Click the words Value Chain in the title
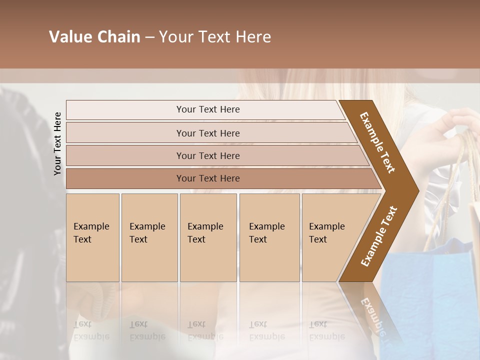tap(94, 37)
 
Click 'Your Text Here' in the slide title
tap(215, 37)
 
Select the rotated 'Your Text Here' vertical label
tap(57, 143)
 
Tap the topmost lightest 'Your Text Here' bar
tap(208, 109)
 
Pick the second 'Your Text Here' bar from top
tap(208, 133)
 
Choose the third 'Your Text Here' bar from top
tap(208, 155)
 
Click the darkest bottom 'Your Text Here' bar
tap(208, 178)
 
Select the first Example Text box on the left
tap(92, 237)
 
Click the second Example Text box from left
tap(149, 237)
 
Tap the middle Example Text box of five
tap(208, 237)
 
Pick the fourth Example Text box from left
tap(269, 237)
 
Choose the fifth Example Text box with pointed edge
tap(330, 237)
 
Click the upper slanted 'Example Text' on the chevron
tap(377, 142)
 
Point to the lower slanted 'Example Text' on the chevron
tap(379, 236)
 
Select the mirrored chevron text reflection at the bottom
tap(372, 315)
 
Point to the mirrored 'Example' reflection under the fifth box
tap(327, 336)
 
